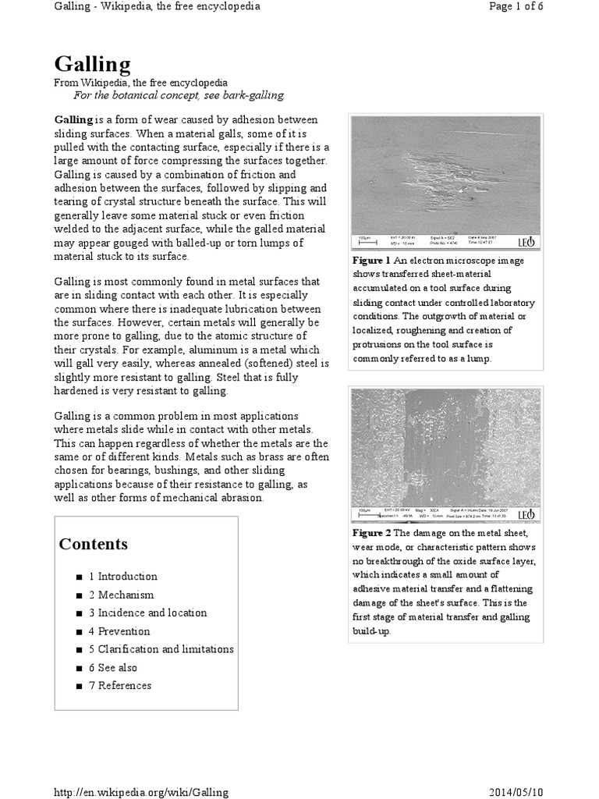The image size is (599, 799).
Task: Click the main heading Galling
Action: click(x=92, y=63)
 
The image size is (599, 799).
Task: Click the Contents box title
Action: click(x=93, y=544)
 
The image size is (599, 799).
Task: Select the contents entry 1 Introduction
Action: click(x=122, y=577)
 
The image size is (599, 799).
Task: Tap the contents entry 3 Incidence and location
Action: click(x=147, y=613)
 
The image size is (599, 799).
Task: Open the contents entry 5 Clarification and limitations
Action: click(x=161, y=649)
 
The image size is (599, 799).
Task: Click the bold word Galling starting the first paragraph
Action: click(x=73, y=119)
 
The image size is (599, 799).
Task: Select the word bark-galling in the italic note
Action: click(x=254, y=95)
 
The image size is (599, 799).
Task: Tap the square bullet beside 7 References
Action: click(x=80, y=687)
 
